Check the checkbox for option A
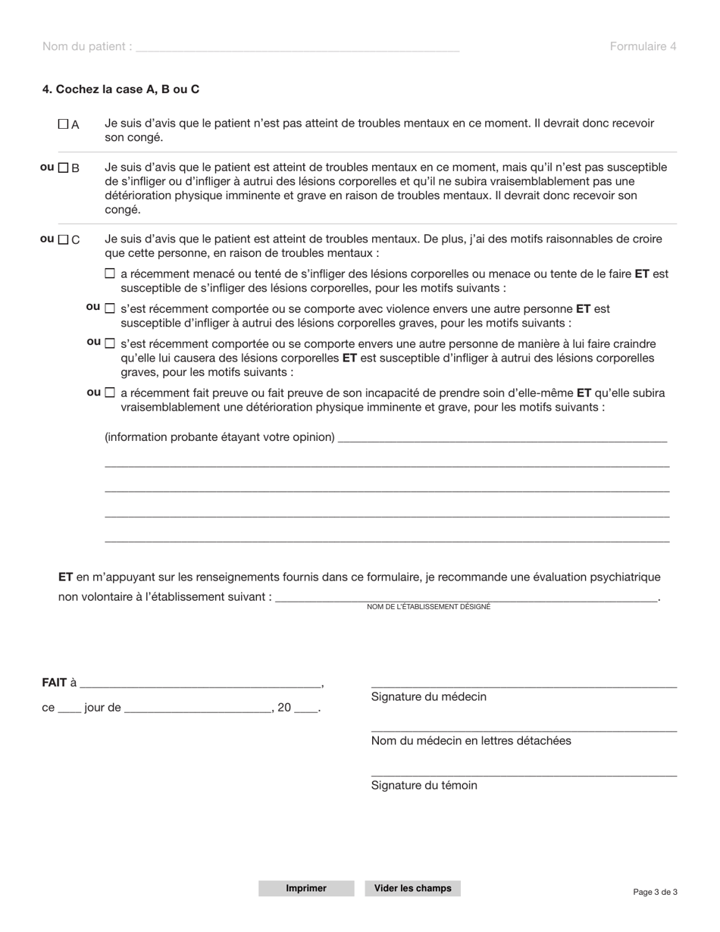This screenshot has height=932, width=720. click(x=64, y=124)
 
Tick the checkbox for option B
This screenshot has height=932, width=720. click(x=64, y=167)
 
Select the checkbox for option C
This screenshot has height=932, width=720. click(x=64, y=240)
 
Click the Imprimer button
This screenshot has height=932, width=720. click(x=306, y=888)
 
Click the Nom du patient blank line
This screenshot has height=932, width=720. click(x=297, y=46)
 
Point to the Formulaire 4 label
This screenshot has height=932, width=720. click(x=643, y=46)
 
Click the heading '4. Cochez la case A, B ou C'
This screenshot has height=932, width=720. click(x=121, y=89)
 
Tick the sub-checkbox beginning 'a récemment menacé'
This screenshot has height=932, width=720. click(x=110, y=274)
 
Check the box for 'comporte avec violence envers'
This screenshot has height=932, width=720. click(x=110, y=309)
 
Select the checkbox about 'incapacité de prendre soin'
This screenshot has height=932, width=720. click(x=110, y=393)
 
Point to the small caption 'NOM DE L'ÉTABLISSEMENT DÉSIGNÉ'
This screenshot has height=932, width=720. click(x=428, y=607)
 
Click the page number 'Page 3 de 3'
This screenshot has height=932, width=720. click(x=655, y=892)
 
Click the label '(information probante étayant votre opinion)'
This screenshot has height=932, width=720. click(x=220, y=437)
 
